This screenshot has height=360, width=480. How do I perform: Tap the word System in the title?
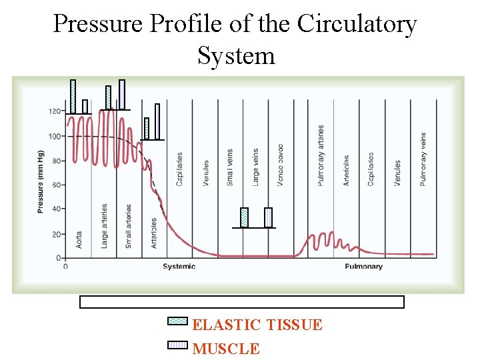pos(236,55)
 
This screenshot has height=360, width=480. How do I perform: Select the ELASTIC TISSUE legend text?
pos(257,325)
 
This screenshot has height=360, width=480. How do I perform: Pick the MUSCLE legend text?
pos(226,348)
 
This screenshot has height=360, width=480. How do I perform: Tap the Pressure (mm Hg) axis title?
pos(41,182)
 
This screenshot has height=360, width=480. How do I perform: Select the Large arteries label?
pos(104,226)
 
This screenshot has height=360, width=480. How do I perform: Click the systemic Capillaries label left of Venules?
pos(179,169)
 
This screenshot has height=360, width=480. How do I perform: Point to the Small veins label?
pos(230,167)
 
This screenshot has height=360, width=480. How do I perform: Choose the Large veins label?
pos(255,167)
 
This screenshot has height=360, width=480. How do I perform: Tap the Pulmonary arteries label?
pos(321,155)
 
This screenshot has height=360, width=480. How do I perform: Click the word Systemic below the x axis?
pos(179,267)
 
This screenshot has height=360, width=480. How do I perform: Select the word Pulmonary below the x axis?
pos(364,267)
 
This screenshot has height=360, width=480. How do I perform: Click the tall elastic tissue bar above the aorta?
pos(73,96)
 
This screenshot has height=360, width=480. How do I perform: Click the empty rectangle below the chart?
pos(242,302)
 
